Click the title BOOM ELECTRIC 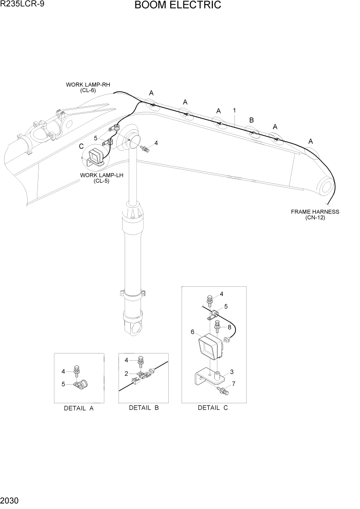[178, 6]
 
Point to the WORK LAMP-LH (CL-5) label [102, 178]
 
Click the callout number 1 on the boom [234, 110]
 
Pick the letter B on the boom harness [251, 120]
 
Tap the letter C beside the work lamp [81, 146]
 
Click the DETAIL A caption [78, 408]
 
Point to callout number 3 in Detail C [231, 372]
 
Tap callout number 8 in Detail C [229, 327]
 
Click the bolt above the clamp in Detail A [77, 369]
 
